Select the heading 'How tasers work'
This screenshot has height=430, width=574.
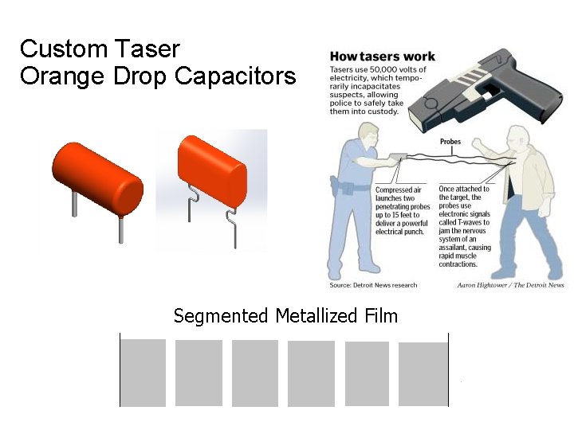point(383,57)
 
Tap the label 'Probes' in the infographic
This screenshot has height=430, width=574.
point(450,142)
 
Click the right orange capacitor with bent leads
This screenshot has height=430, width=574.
point(211,171)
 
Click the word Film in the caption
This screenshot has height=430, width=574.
point(379,316)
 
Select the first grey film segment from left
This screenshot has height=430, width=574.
point(143,373)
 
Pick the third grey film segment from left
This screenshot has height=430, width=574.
point(255,373)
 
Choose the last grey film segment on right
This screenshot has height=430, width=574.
point(423,373)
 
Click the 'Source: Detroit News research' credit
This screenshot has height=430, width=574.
point(372,284)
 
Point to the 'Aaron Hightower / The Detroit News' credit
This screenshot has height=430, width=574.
point(510,284)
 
